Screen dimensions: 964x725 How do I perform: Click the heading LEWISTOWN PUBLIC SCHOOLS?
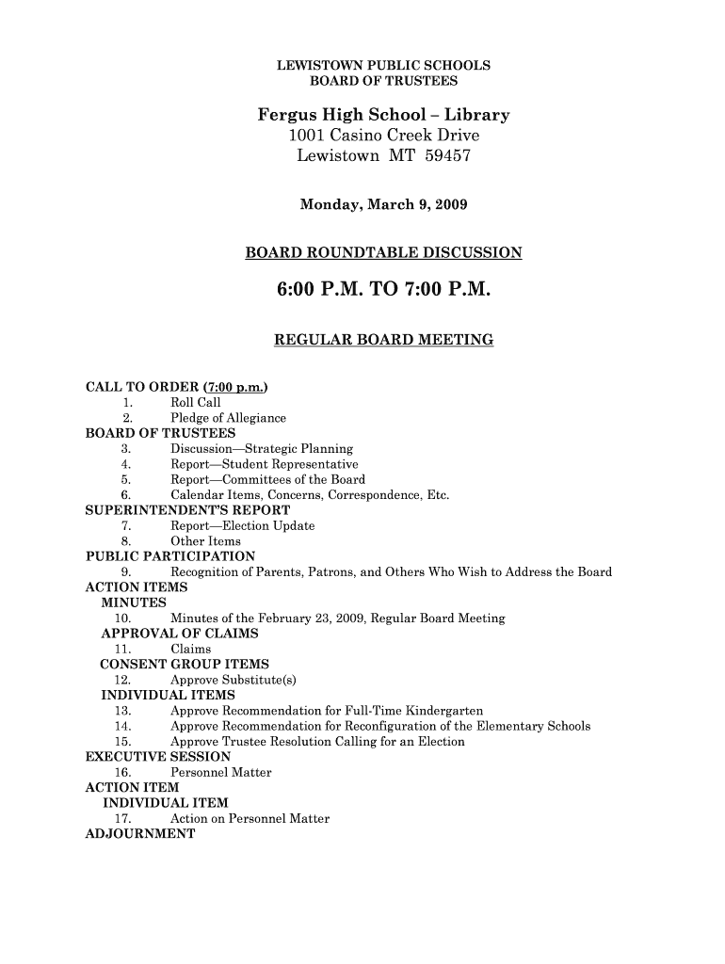click(x=382, y=66)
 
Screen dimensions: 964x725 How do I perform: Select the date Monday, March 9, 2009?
click(x=382, y=204)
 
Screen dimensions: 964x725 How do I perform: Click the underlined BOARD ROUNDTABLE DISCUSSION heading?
click(x=382, y=253)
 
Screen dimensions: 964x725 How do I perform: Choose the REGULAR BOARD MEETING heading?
click(x=382, y=339)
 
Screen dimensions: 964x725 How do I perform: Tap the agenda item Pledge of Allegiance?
click(x=227, y=418)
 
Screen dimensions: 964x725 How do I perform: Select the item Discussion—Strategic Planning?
click(x=261, y=449)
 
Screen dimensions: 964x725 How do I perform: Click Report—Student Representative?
click(x=264, y=464)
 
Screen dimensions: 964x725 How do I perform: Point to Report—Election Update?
click(x=242, y=525)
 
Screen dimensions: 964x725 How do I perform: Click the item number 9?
click(x=125, y=572)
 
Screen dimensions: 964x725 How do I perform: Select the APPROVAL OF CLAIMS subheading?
click(x=179, y=634)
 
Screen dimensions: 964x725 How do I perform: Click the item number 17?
click(x=121, y=819)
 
